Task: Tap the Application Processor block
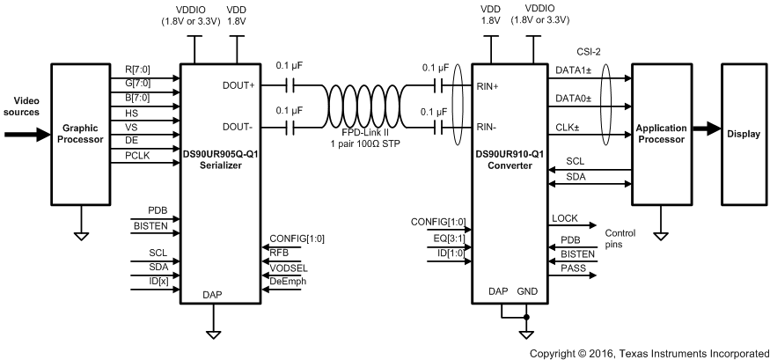[x=659, y=134]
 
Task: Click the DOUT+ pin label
[x=240, y=85]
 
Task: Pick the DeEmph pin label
[x=287, y=281]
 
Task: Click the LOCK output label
[x=564, y=217]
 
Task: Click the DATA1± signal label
[x=574, y=72]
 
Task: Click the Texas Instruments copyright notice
[x=649, y=352]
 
